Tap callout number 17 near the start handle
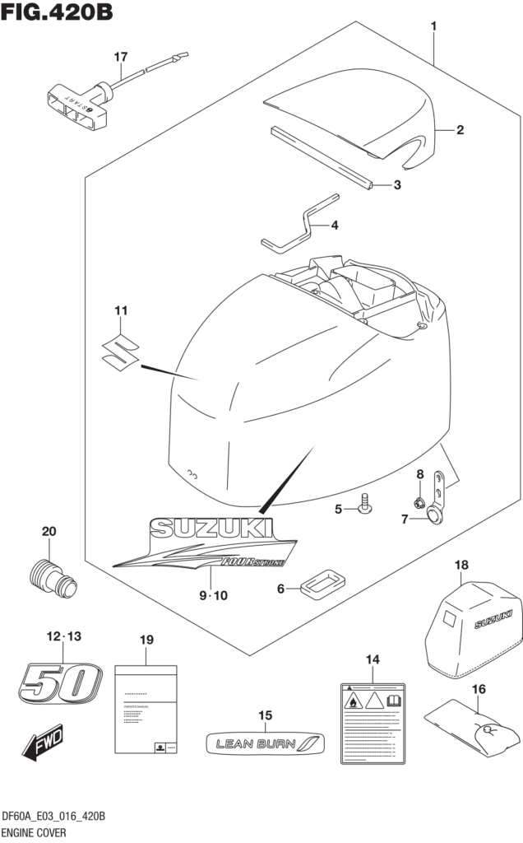click(x=121, y=57)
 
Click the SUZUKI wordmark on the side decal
click(x=210, y=528)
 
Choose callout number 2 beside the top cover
click(x=461, y=129)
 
